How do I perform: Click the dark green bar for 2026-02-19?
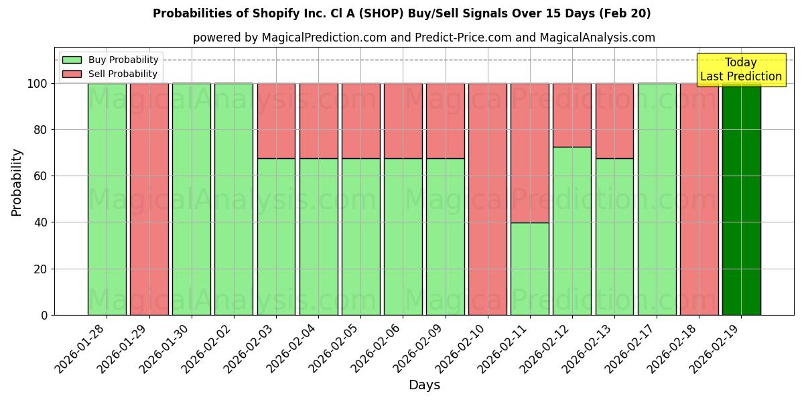click(x=741, y=199)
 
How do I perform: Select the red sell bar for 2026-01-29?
click(x=149, y=199)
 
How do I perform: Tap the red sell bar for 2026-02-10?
click(x=487, y=199)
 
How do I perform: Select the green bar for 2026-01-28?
click(x=107, y=199)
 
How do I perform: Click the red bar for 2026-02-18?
click(x=699, y=199)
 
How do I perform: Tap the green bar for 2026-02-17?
click(x=657, y=199)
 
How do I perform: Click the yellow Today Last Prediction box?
click(x=740, y=70)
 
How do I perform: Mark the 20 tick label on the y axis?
click(x=41, y=269)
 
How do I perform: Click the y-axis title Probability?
click(x=17, y=182)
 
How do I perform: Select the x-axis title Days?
click(x=424, y=385)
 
